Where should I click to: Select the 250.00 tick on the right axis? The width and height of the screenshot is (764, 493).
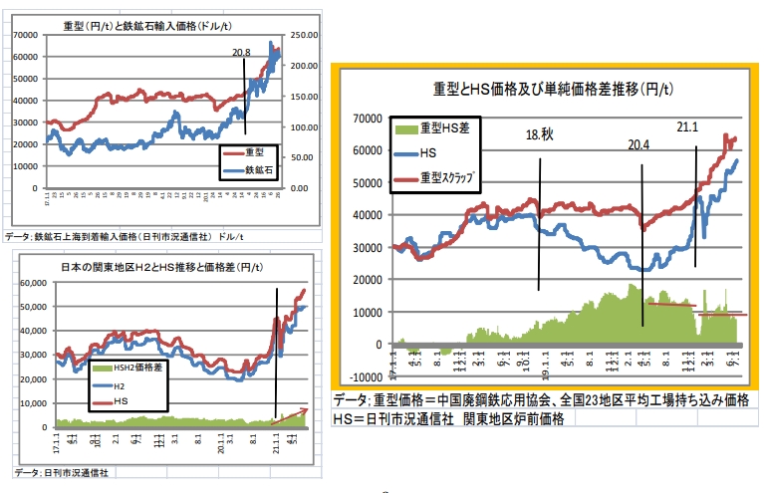[302, 35]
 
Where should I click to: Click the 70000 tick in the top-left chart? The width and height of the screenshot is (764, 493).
[26, 35]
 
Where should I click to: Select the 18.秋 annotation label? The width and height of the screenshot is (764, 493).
[540, 134]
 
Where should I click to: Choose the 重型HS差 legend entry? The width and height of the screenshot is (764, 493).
[443, 128]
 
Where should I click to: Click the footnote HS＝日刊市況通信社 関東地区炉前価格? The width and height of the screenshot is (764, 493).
[449, 419]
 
